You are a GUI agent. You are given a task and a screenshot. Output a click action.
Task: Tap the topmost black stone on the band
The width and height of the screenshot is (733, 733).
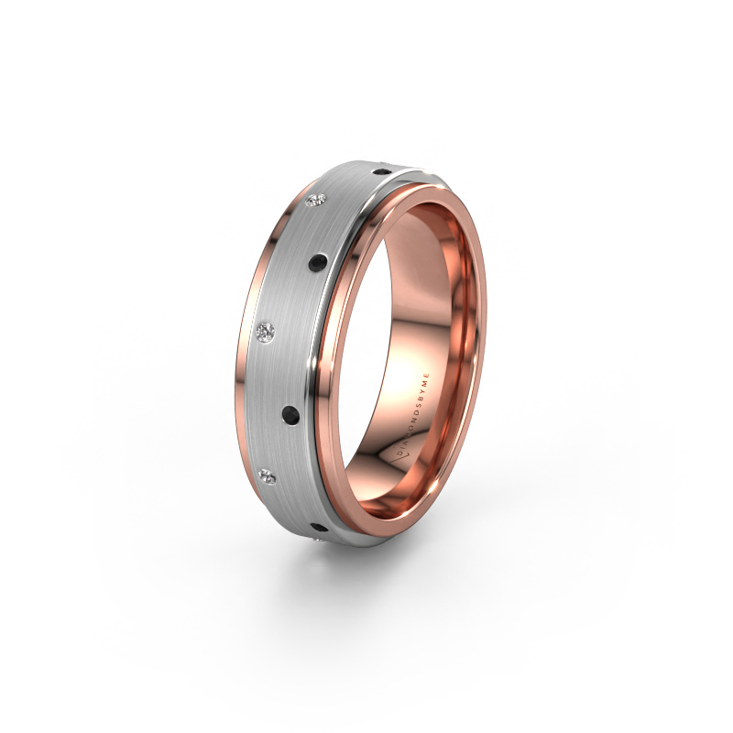click(379, 170)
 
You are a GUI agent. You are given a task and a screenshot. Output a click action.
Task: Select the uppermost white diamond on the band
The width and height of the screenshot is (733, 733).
click(320, 200)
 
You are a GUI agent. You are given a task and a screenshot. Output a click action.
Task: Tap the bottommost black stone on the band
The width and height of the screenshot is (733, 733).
click(318, 527)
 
